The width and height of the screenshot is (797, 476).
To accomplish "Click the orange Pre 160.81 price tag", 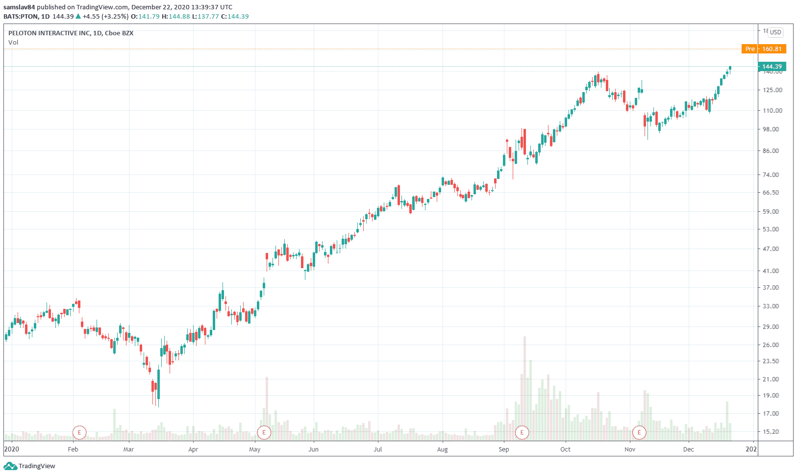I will click(764, 49).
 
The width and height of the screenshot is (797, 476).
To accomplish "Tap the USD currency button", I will click(775, 32).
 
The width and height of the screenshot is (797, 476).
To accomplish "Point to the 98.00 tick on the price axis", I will click(772, 129).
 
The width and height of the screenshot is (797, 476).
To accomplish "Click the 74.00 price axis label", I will click(772, 175).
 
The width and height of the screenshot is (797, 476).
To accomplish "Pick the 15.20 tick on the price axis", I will click(772, 432).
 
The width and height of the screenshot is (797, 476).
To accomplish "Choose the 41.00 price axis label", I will click(772, 271).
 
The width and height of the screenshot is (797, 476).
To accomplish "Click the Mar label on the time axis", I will click(128, 450).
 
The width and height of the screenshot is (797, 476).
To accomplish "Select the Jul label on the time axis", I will click(378, 450).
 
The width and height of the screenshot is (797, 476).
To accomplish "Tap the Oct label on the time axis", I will click(565, 450).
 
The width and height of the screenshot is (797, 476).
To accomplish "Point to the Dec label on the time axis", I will click(688, 450).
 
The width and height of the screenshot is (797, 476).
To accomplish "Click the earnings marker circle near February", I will click(79, 432).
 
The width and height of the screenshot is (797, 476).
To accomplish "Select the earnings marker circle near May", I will click(264, 432).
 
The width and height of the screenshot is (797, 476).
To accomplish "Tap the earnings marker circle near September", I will click(522, 432).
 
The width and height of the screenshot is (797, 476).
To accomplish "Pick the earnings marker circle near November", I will click(639, 432).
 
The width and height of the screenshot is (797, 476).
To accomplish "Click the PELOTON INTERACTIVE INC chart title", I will click(71, 33).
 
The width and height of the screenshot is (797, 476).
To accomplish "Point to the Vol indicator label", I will click(13, 43).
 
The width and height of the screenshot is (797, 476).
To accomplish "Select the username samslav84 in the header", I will click(19, 7).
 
